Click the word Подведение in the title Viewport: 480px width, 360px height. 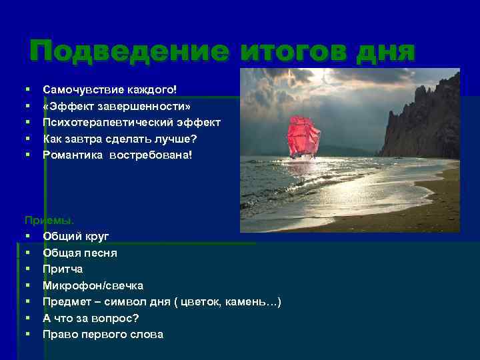(x=129, y=51)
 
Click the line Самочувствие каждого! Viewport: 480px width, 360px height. (x=110, y=89)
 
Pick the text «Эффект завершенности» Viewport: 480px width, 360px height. (x=117, y=105)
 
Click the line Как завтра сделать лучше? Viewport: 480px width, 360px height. (x=121, y=138)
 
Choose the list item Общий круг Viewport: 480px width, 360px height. (x=76, y=236)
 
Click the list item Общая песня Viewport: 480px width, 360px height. (x=80, y=253)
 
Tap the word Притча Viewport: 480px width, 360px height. (x=63, y=269)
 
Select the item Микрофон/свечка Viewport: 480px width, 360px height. (x=93, y=285)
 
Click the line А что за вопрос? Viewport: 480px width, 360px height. (x=91, y=318)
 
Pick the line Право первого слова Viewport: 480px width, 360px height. (x=103, y=334)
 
